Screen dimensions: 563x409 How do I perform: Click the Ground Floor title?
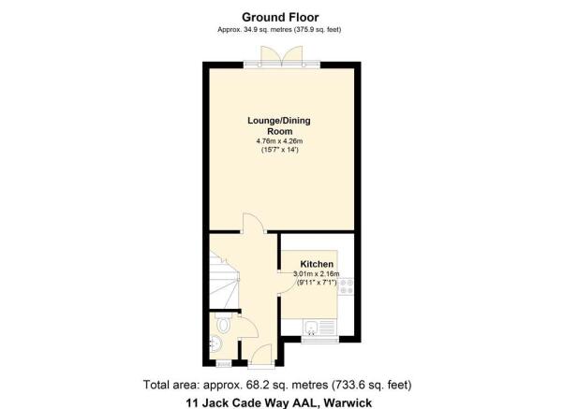tap(280, 17)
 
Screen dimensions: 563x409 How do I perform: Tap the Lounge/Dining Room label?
tap(279, 126)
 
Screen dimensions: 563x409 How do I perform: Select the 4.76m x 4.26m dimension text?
tap(279, 141)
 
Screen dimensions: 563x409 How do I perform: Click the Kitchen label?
tap(317, 265)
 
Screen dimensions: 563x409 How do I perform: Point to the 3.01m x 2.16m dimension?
tap(317, 274)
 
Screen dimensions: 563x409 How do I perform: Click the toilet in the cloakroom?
tap(223, 324)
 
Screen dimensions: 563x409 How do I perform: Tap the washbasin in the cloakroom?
tap(215, 343)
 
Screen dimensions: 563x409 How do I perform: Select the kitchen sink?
tap(311, 328)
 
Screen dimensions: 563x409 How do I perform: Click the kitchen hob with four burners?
tap(346, 286)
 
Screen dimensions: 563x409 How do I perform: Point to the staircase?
tap(224, 280)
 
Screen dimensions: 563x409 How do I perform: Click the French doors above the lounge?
tap(282, 56)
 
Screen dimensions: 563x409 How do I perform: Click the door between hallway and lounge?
tap(254, 223)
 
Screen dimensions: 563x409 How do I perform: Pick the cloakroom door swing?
tap(247, 328)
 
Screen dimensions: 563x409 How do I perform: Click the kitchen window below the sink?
tap(320, 340)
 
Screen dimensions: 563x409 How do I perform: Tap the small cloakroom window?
tap(223, 364)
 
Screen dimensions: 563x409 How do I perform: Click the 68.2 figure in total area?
tap(257, 385)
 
